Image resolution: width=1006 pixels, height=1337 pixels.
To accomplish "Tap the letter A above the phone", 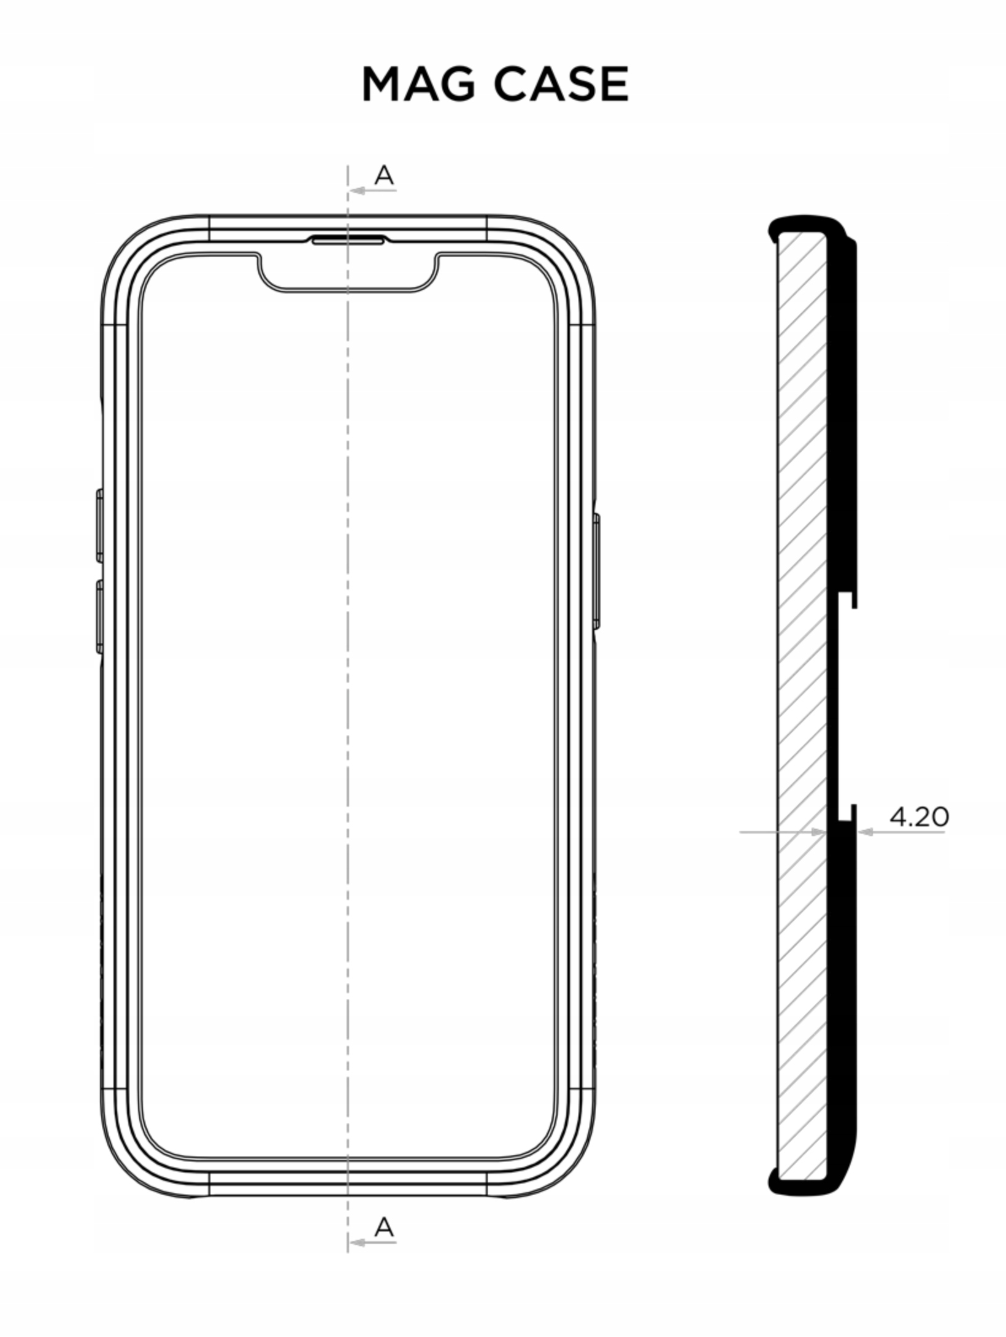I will pos(384,176).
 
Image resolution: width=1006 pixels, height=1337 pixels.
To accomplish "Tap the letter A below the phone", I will pos(384,1227).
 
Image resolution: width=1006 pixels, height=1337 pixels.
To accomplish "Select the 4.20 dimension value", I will pos(918,816).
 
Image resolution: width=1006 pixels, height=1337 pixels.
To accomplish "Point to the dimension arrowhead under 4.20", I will pos(866,832).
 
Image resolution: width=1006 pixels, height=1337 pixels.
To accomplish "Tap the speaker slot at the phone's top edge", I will pos(348,240).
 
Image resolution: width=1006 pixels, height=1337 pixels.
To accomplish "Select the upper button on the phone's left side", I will pos(99,526).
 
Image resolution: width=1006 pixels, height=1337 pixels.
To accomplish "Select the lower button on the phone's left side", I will pos(99,616).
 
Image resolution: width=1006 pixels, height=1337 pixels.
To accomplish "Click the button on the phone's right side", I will pos(596,572).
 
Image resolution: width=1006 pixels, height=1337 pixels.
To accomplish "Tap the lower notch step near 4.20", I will pos(847,813).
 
